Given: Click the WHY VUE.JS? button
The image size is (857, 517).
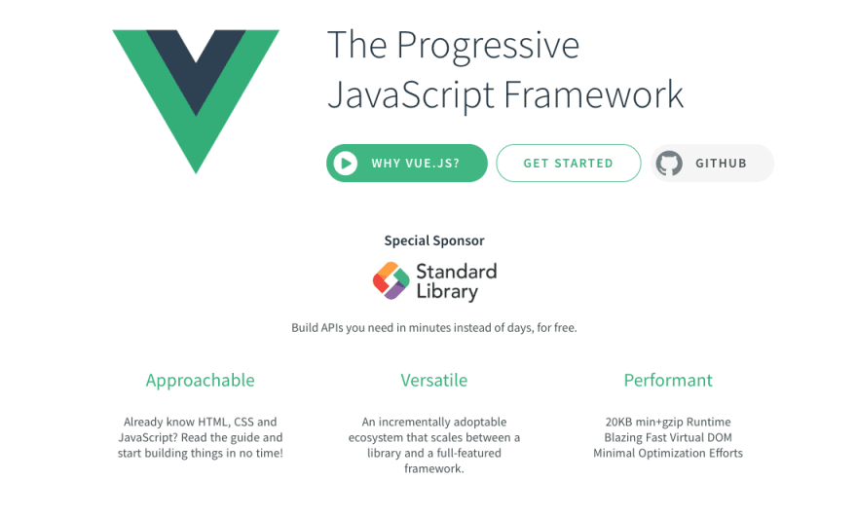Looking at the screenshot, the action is click(407, 163).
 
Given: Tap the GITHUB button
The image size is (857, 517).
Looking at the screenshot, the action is click(712, 163).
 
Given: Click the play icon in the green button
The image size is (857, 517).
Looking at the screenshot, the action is click(346, 163).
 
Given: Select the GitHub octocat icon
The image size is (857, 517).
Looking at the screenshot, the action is click(669, 163).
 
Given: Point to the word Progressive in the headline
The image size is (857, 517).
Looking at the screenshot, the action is click(488, 46).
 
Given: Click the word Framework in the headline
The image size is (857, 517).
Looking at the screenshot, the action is click(593, 94).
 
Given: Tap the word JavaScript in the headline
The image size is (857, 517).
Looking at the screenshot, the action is click(411, 95).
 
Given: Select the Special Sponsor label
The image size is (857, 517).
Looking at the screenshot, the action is click(434, 241).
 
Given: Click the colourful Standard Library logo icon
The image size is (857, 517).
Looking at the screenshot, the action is click(391, 281).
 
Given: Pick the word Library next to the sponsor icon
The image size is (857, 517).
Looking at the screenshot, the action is click(447, 292).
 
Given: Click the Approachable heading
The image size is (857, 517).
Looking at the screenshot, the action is click(200, 381).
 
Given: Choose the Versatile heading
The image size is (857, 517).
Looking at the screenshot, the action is click(434, 380).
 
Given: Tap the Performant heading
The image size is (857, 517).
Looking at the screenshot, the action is click(668, 380).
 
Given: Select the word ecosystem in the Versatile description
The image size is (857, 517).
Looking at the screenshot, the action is click(377, 438).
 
